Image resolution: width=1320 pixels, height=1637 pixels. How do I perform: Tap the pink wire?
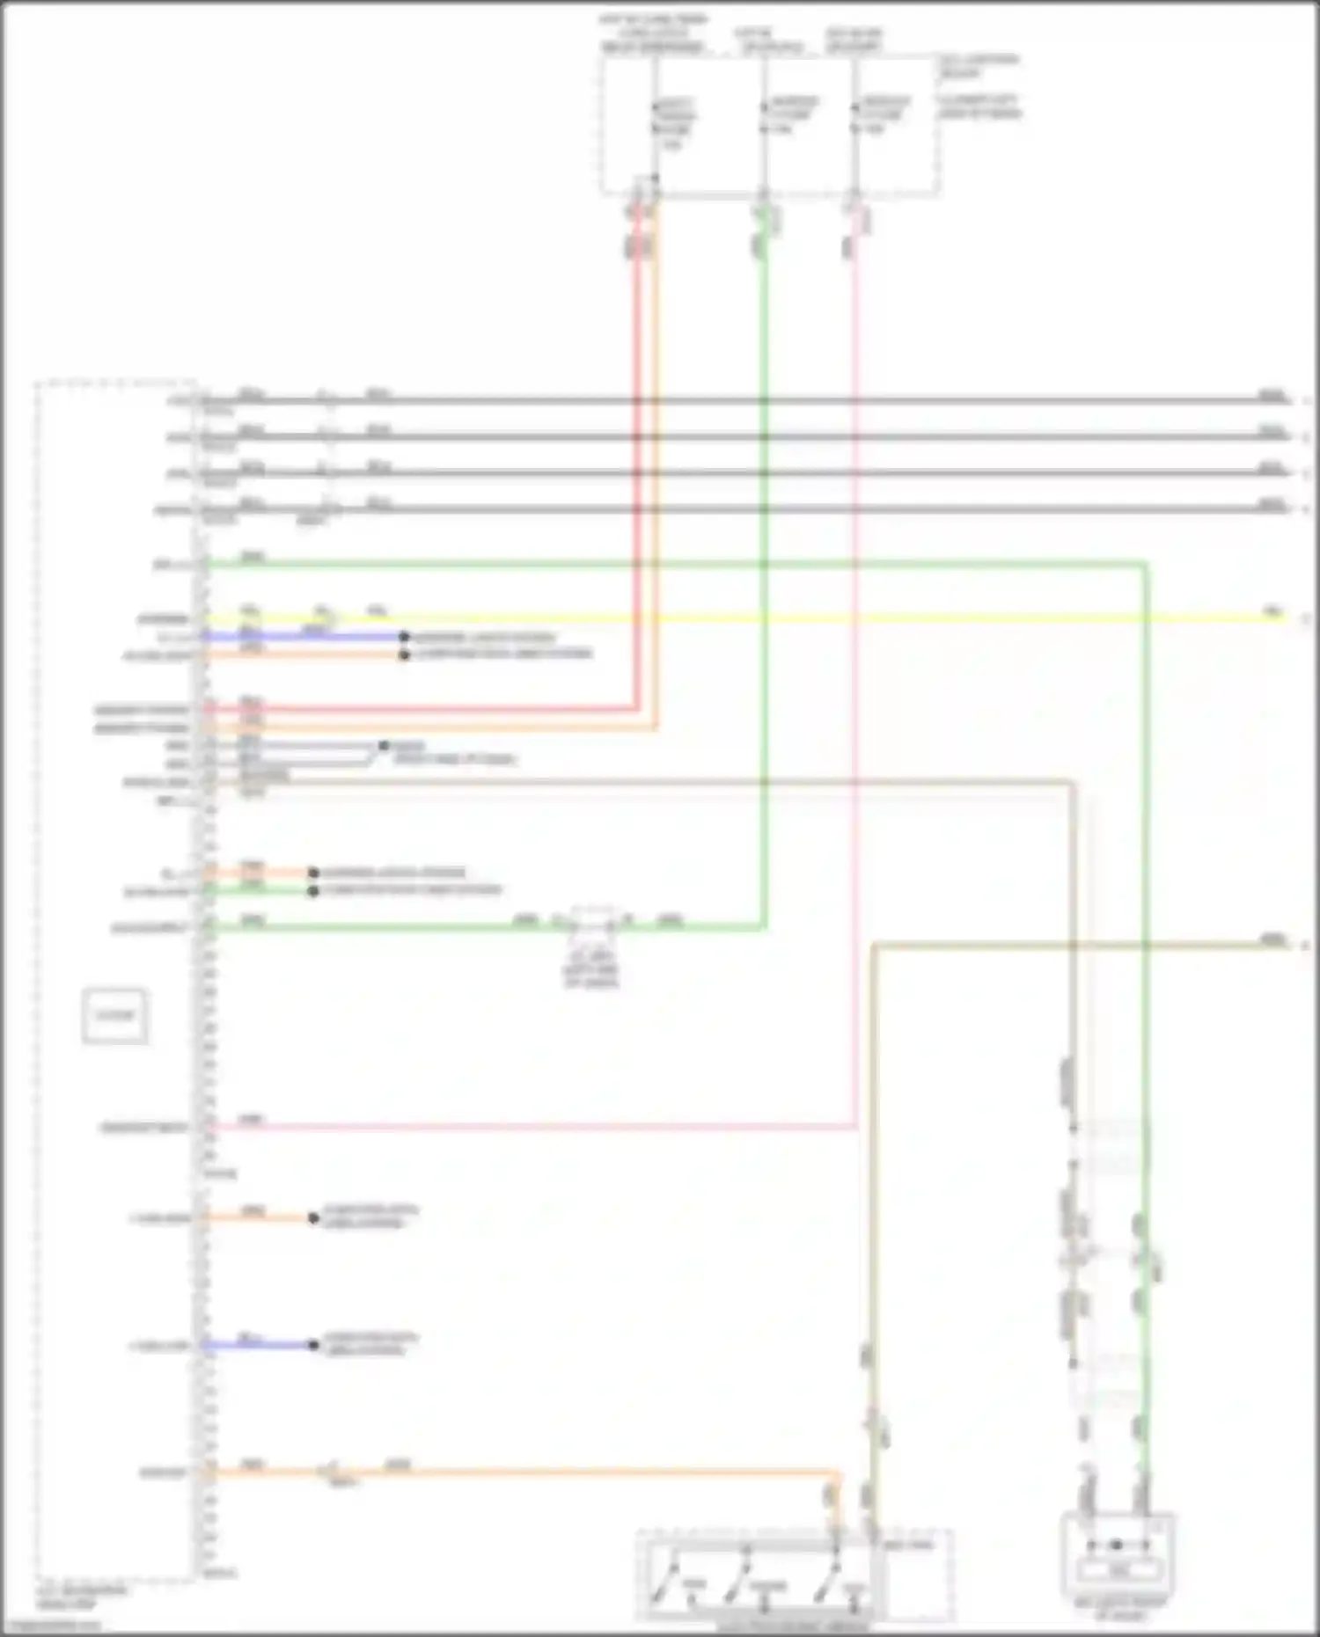tap(855, 704)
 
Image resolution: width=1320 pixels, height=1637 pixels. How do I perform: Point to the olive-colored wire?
tap(1056, 946)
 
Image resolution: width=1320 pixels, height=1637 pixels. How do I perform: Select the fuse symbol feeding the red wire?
tap(654, 123)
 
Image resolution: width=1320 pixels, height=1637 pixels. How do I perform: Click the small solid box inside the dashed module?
tap(114, 1016)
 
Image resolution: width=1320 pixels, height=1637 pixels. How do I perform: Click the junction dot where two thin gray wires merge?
tap(383, 746)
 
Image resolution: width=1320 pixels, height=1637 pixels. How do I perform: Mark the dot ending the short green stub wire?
tap(313, 891)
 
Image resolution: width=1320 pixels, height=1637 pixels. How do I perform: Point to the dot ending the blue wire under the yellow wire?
tap(404, 636)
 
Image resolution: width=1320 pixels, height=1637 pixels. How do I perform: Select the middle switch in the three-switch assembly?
tap(739, 1580)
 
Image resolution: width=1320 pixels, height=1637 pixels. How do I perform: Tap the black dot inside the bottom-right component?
tap(1116, 1545)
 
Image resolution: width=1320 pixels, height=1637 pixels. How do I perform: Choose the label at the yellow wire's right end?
tap(1272, 610)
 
